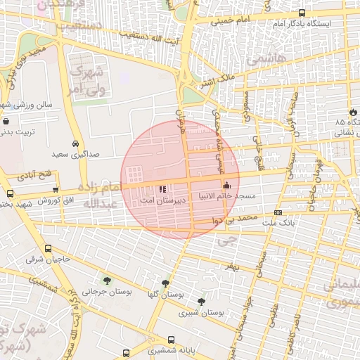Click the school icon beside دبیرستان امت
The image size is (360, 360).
click(x=163, y=189)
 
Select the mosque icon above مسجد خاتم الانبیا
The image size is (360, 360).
click(x=226, y=186)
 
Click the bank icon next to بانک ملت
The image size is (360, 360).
click(x=278, y=212)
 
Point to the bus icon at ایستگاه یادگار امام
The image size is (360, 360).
click(x=302, y=13)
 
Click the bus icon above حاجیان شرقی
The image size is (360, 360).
click(x=48, y=248)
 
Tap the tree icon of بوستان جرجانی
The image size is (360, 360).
click(x=107, y=281)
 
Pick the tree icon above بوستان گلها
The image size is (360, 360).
click(x=166, y=283)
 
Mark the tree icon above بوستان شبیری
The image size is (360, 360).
click(x=202, y=301)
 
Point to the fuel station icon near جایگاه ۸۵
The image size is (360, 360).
click(x=352, y=112)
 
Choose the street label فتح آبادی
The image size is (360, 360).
click(x=32, y=173)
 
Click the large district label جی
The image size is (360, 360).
click(x=225, y=241)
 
